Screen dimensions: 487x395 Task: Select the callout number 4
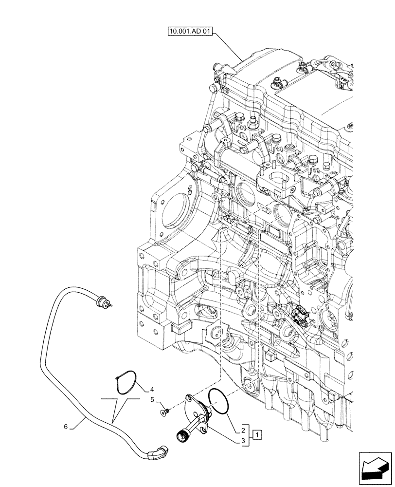point(152,389)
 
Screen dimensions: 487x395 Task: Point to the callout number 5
point(152,400)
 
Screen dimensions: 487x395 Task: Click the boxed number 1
point(258,433)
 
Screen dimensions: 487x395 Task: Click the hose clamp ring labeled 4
point(128,382)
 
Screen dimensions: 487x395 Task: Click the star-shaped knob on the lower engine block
point(217,335)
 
